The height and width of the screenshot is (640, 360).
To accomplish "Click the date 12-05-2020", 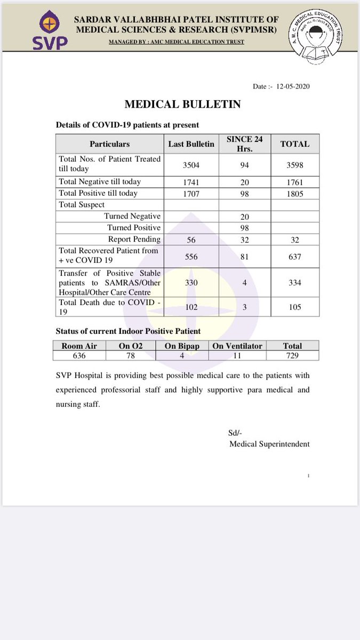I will (290, 86).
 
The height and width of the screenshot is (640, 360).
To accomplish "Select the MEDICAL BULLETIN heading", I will (182, 105).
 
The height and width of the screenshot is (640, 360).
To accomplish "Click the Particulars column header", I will (109, 144).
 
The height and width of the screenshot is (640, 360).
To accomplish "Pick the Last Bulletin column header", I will (191, 144).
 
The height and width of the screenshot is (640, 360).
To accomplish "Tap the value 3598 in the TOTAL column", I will (295, 165).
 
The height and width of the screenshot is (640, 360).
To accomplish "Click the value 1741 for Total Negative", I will (191, 182).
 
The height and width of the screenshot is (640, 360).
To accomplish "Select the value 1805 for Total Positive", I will (295, 194).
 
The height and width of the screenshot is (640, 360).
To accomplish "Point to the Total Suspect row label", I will (82, 205).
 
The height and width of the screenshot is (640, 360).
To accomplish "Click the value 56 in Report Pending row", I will (191, 239).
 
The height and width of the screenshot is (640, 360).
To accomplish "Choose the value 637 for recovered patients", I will (295, 257).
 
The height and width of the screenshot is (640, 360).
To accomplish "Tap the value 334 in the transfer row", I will (295, 283).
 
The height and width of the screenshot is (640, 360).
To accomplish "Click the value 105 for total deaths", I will (295, 307).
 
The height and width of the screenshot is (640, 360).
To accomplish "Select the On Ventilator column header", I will (237, 346).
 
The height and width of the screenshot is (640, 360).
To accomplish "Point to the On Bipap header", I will (182, 346).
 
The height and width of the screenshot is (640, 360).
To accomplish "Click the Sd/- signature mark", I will (235, 433).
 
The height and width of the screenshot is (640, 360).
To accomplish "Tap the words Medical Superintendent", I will (269, 444).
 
